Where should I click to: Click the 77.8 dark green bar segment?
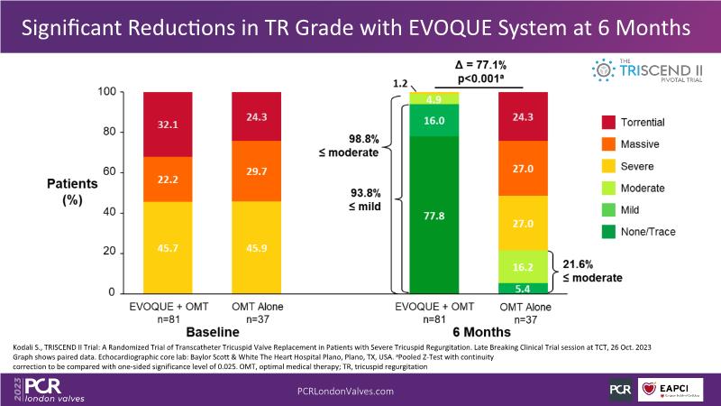point(434,214)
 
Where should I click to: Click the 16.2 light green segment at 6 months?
point(522,266)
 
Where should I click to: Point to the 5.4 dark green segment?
point(522,288)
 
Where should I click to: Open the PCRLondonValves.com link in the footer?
point(346,390)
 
